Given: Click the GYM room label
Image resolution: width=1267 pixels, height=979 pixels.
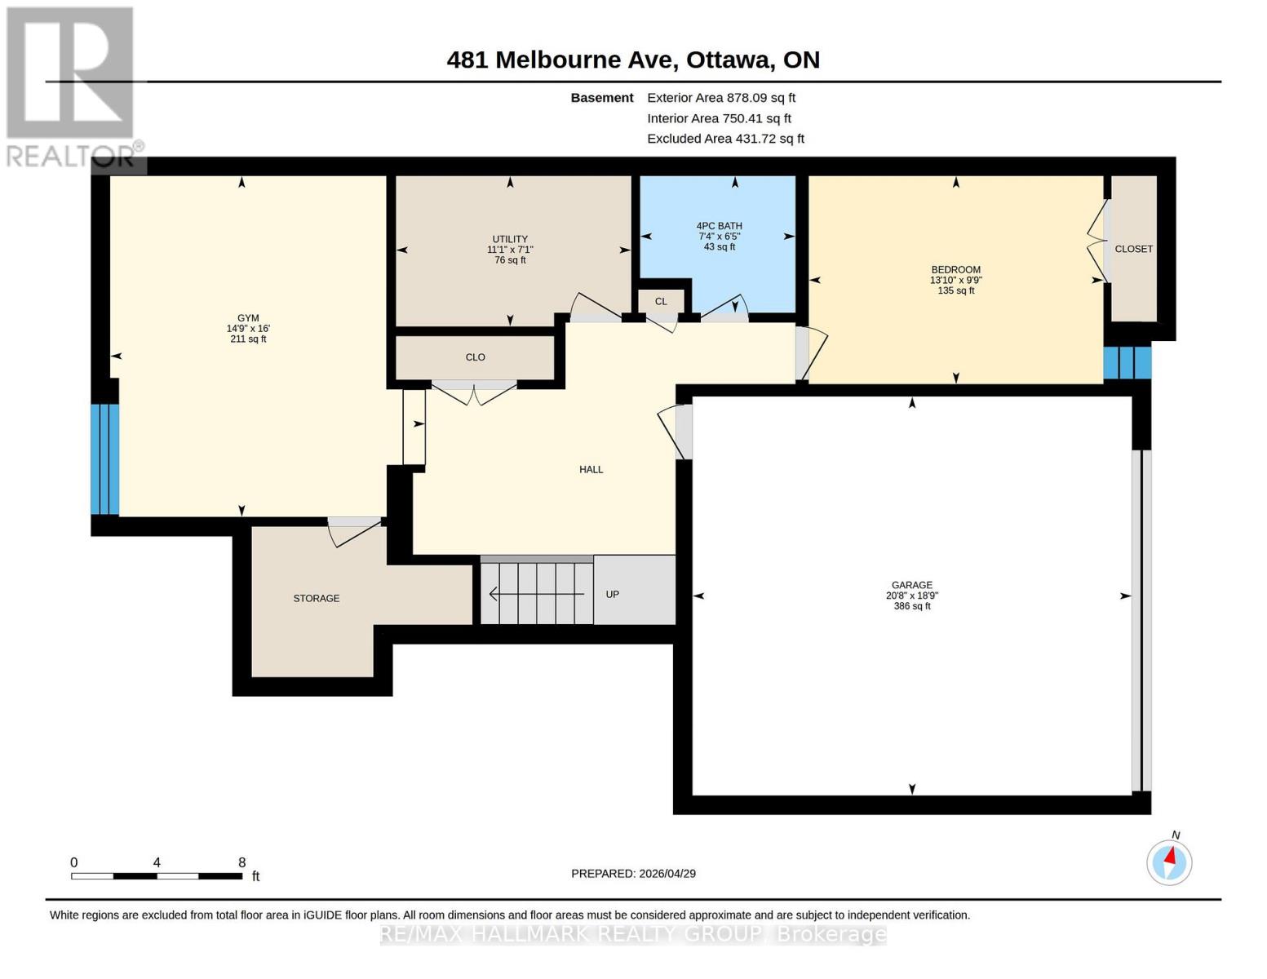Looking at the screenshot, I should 248,318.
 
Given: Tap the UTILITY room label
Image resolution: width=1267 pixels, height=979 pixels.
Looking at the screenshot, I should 510,239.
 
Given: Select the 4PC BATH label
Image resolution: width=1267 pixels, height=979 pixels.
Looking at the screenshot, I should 719,226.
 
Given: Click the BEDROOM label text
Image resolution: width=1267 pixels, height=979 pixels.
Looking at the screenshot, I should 955,270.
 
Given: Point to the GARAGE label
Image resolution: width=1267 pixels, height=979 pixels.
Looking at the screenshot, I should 911,585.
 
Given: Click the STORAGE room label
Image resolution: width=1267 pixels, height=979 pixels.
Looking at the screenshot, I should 317,599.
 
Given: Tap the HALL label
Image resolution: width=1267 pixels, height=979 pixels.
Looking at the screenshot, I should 591,470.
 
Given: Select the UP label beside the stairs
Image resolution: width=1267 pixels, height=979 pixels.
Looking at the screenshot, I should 613,595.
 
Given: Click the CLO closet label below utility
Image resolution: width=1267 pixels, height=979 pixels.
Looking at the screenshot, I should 475,357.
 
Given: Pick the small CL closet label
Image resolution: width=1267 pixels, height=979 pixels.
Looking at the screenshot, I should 661,302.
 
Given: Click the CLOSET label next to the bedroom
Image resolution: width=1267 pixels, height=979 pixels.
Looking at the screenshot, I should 1133,249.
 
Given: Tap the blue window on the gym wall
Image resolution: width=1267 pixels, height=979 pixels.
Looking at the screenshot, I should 105,459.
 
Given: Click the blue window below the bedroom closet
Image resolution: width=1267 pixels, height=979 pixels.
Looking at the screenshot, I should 1127,363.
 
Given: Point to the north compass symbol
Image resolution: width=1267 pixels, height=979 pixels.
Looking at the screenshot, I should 1169,862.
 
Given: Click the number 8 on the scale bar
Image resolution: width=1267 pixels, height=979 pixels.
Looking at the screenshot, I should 241,862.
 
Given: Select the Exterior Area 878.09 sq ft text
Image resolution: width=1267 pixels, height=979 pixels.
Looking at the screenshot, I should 720,98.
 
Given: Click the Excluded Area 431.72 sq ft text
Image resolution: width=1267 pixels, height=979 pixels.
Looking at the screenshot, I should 725,139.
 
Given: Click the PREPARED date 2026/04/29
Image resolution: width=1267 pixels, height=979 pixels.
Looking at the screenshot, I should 633,874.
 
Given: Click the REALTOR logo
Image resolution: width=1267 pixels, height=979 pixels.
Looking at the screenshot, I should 72,86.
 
